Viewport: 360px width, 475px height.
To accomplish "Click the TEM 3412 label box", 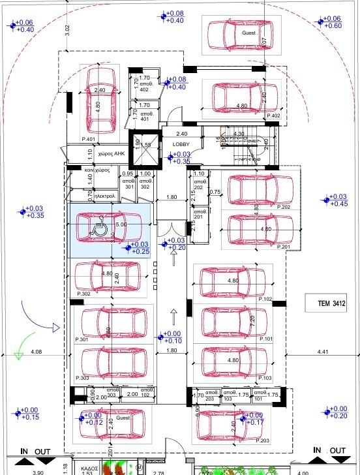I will [327, 303].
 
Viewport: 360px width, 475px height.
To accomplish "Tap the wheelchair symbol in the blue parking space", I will [100, 229].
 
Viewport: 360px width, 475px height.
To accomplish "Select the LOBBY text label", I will [181, 144].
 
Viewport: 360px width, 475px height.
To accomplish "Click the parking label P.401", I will [89, 139].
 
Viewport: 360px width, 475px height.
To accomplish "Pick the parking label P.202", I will [284, 207].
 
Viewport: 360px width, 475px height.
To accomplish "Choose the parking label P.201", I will [284, 247].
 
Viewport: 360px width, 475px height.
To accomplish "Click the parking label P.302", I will [83, 294].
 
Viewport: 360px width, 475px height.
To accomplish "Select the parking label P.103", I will [265, 378].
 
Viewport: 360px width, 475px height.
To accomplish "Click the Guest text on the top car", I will [248, 31].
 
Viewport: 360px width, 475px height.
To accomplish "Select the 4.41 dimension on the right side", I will [323, 352].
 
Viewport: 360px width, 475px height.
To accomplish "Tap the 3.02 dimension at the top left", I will [67, 29].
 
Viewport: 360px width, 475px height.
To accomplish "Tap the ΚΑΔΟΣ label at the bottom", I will [89, 468].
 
